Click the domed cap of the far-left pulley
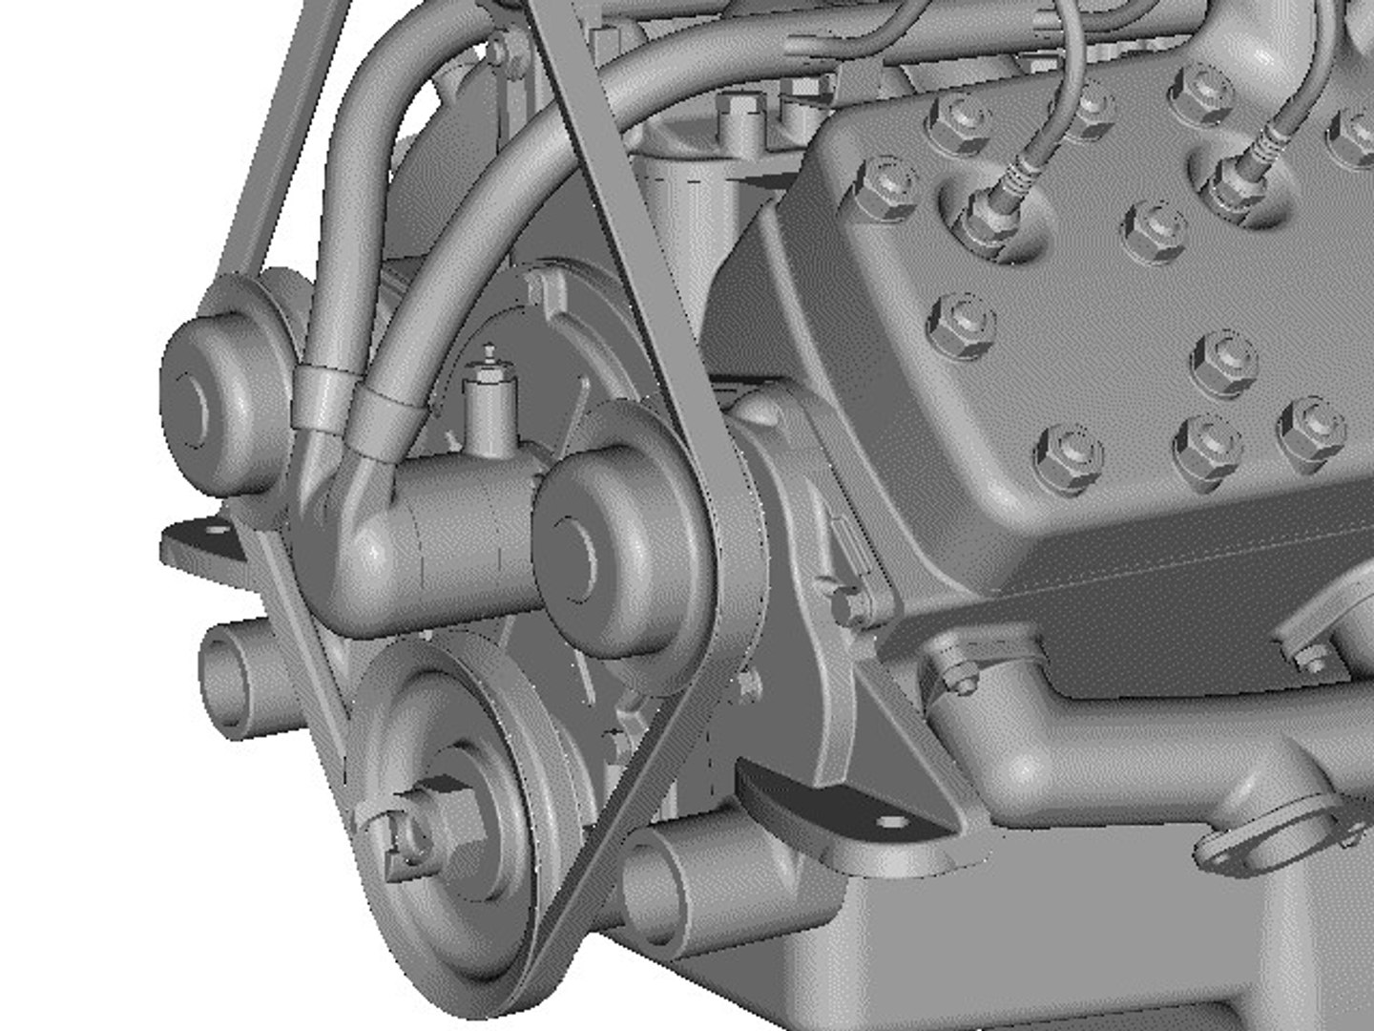coord(196,406)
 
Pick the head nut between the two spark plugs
coord(1153,231)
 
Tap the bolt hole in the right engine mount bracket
coord(893,822)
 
